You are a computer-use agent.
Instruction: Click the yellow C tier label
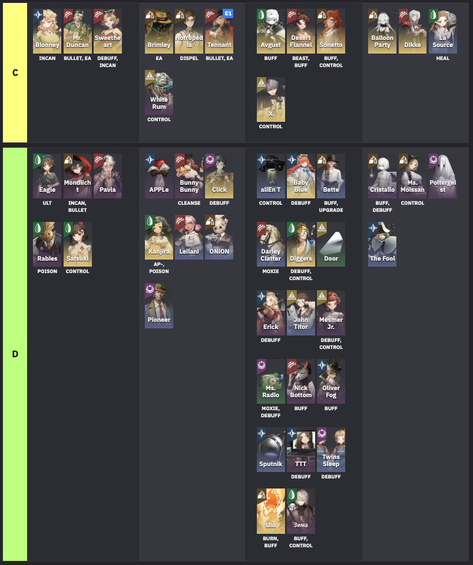coord(15,73)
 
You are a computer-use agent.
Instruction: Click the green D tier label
coord(15,354)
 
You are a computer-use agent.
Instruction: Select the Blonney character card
coord(47,31)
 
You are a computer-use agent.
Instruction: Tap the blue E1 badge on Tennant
coord(228,13)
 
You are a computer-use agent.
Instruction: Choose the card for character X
coord(271,99)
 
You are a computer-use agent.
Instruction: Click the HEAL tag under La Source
coord(442,58)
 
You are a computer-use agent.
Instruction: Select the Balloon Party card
coord(382,31)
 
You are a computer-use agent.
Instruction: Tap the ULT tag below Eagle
coord(47,203)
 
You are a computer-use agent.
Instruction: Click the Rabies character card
coord(47,244)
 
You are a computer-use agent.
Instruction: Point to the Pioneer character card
coord(159,305)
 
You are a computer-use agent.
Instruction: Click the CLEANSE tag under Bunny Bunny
coord(189,203)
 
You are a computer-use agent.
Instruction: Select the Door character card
coord(331,244)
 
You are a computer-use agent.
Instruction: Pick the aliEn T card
coord(271,176)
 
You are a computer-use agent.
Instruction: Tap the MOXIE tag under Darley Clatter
coord(271,271)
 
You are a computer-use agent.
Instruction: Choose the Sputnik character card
coord(271,450)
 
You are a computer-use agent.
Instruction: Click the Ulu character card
coord(271,511)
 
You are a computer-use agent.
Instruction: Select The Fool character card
coord(382,244)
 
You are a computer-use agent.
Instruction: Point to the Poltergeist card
coord(442,176)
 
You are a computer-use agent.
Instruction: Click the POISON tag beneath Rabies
coord(47,271)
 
